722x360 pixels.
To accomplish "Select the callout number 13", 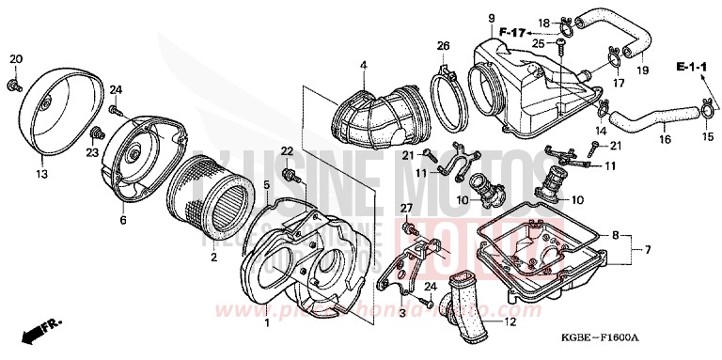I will pos(41,173).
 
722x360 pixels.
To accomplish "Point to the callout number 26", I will pos(443,45).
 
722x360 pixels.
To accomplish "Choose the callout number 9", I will pos(491,18).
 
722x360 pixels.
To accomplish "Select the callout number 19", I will pos(643,70).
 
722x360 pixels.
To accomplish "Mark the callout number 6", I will pos(122,220).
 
